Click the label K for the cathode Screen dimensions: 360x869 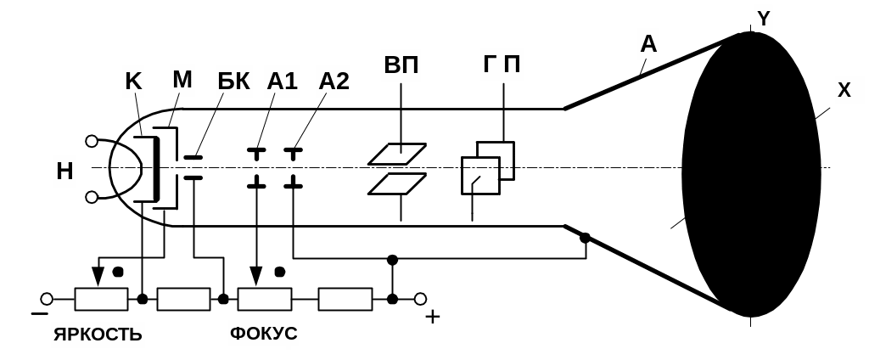133,82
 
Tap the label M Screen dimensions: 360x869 182,80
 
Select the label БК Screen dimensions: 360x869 233,82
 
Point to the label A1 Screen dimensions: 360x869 282,82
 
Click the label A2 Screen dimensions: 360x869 333,82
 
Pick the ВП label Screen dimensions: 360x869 401,66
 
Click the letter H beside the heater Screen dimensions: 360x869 64,172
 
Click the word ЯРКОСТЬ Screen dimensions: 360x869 98,334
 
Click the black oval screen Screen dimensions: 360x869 751,174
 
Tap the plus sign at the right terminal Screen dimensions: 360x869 433,318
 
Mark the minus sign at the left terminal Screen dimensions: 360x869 39,314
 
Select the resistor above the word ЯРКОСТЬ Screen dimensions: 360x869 101,299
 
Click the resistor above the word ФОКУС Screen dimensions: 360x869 264,299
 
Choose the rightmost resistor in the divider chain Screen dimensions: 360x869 345,299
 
